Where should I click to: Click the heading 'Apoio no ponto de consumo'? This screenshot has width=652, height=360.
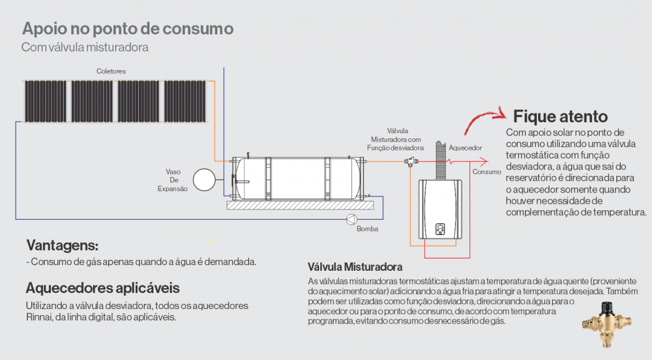click(x=127, y=29)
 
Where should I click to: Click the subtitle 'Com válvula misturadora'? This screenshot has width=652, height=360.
click(x=86, y=48)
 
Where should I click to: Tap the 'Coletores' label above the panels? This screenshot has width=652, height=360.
click(x=111, y=71)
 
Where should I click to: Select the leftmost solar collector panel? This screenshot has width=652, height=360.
click(x=46, y=101)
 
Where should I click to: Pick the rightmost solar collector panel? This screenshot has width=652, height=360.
click(x=184, y=101)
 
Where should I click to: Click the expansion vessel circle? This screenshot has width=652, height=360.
click(x=205, y=179)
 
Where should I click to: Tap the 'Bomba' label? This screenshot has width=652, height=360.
click(x=367, y=229)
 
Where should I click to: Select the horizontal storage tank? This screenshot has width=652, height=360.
click(x=296, y=178)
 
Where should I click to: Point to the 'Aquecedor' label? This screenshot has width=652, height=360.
click(x=465, y=148)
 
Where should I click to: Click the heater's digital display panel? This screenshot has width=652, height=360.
click(x=439, y=229)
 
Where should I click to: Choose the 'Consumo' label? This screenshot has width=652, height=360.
click(x=486, y=171)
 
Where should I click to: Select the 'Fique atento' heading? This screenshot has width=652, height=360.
click(x=560, y=117)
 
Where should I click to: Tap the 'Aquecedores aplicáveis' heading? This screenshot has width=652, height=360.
click(x=103, y=287)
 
